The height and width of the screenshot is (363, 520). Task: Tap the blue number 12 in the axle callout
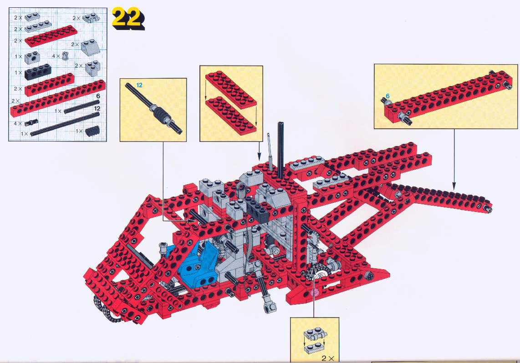coord(139,85)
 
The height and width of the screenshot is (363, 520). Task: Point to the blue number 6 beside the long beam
coord(387,96)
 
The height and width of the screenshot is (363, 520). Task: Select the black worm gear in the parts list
coord(92,131)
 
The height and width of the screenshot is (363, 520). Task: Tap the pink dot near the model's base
coord(314,292)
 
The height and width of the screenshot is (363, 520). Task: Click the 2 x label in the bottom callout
coord(328,358)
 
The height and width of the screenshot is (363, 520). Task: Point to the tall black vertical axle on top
coord(281,149)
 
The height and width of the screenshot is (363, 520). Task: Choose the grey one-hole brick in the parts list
coord(32,58)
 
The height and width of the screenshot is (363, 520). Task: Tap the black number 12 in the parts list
coord(97,109)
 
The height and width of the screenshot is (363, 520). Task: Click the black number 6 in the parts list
coord(98,96)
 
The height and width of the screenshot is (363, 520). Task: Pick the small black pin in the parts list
coord(31,122)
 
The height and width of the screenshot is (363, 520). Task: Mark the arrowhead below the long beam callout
coord(454,187)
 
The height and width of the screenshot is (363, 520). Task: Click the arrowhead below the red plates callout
coord(260,157)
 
